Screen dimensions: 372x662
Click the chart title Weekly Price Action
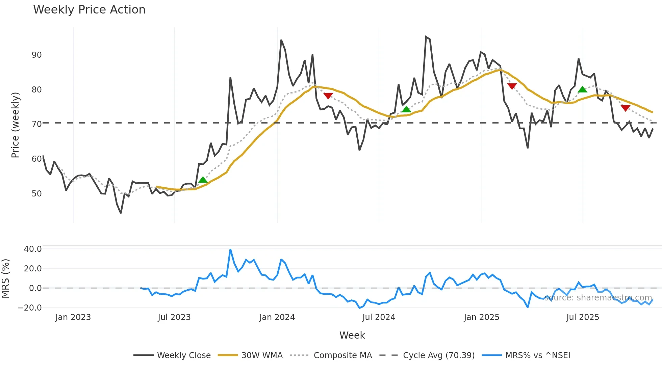point(89,10)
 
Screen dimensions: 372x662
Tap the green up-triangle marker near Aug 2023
point(203,180)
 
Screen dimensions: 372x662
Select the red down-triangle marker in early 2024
point(328,96)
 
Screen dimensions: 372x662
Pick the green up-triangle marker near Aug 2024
point(406,109)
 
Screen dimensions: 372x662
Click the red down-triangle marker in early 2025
point(512,86)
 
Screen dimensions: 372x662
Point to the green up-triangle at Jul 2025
point(582,90)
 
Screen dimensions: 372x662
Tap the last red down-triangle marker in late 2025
point(626,108)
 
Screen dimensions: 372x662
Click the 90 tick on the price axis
point(36,55)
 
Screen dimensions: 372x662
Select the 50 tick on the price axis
point(36,194)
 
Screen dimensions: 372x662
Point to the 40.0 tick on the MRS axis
point(33,249)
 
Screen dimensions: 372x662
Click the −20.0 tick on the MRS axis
point(30,308)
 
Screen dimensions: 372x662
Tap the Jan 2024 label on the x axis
point(277,317)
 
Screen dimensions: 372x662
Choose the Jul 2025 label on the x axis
point(583,317)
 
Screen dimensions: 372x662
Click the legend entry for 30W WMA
point(262,355)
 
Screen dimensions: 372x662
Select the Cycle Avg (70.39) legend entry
point(438,355)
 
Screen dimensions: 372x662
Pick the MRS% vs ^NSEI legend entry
point(537,355)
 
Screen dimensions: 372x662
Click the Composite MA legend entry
point(342,355)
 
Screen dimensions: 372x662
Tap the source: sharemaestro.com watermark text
point(598,298)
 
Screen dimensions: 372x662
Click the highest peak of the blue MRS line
point(230,250)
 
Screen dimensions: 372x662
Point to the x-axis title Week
point(352,335)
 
